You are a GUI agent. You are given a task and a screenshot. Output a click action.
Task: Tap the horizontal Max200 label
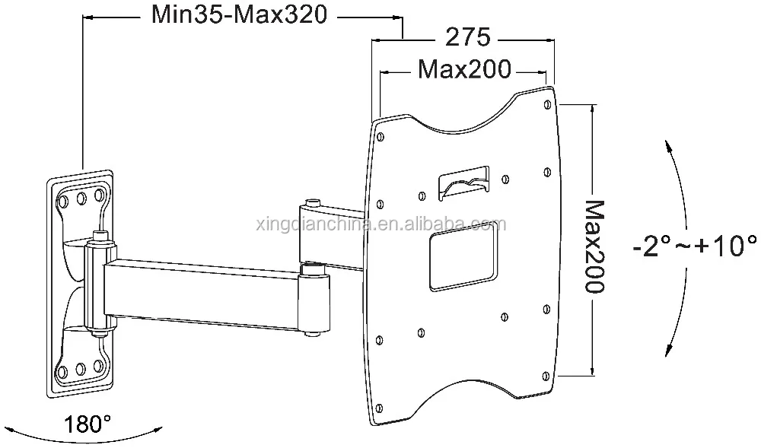(x=464, y=71)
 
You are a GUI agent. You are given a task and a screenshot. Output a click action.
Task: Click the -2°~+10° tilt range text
(x=694, y=247)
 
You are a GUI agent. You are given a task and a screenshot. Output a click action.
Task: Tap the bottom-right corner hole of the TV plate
(x=548, y=375)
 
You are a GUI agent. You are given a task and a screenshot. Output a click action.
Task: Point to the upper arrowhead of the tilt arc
(x=667, y=145)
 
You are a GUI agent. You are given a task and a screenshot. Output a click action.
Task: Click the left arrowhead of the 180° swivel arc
(x=17, y=430)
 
